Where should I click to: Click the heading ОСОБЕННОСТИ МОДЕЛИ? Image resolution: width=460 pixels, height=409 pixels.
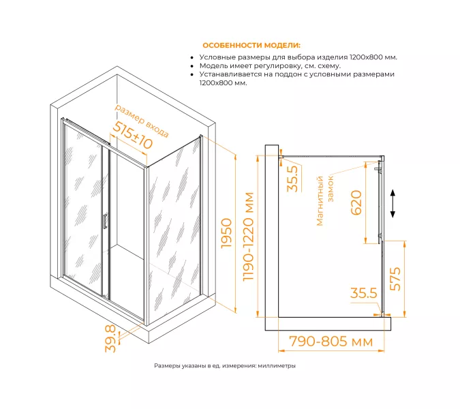tap(251, 46)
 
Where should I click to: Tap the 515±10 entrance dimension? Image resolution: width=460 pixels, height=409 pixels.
tap(133, 135)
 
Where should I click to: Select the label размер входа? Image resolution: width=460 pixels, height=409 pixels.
tap(142, 121)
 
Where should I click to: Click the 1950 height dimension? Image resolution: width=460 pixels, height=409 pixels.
tap(226, 233)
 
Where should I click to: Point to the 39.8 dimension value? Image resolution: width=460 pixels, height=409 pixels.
tap(110, 339)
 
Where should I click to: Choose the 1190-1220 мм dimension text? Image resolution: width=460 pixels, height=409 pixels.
tap(248, 237)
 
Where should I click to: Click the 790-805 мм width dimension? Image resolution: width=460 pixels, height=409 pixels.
tap(331, 342)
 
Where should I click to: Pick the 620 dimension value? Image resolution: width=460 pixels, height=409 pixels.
tap(356, 202)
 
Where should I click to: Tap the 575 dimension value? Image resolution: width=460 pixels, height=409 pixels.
tap(395, 279)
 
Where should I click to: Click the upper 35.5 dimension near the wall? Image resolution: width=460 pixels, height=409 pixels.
tap(292, 179)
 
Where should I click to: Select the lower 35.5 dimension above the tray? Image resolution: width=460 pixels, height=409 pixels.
tap(363, 293)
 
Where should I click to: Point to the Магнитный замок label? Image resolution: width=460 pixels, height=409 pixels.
tap(325, 200)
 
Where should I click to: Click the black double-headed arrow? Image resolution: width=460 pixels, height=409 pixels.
tap(393, 204)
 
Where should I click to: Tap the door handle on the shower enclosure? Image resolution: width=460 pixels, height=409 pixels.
tap(104, 221)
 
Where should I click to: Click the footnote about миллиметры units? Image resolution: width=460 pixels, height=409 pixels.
tap(225, 366)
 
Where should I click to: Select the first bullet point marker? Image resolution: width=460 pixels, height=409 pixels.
tap(192, 58)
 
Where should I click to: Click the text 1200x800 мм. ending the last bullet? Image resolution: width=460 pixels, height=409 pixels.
tap(224, 82)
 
